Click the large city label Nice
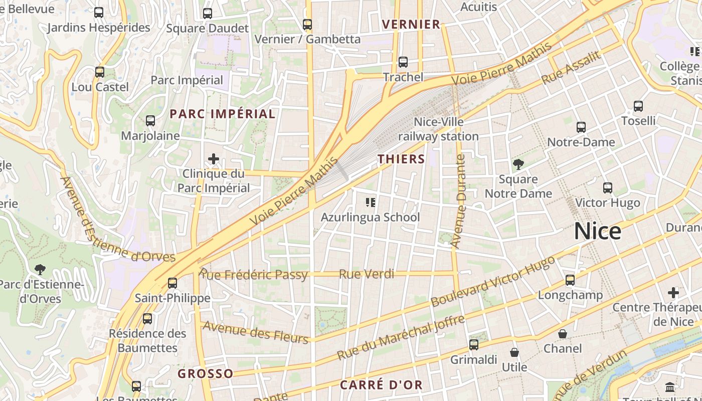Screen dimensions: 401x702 [x=597, y=231]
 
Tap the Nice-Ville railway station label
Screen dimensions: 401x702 [x=439, y=129]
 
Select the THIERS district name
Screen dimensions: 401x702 [x=401, y=159]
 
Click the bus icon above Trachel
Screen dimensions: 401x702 [x=403, y=62]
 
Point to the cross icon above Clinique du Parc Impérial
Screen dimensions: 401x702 [x=213, y=159]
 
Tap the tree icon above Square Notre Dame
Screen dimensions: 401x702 [x=518, y=164]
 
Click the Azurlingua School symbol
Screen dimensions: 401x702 [x=371, y=203]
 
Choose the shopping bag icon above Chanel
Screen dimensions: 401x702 [x=563, y=334]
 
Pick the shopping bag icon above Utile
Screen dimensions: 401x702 [x=514, y=352]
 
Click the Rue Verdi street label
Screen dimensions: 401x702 [x=367, y=274]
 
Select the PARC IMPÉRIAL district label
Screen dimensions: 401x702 [x=223, y=114]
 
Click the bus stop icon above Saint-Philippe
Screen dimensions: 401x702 [x=172, y=283]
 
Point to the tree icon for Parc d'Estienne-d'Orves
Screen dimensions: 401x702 [x=40, y=270]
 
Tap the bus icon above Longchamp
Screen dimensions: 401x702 [x=570, y=280]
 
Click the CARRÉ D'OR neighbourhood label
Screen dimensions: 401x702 [x=381, y=385]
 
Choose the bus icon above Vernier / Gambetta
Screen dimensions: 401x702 [x=307, y=24]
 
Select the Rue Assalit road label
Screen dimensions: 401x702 [x=571, y=68]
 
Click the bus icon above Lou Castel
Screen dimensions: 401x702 [x=100, y=72]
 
